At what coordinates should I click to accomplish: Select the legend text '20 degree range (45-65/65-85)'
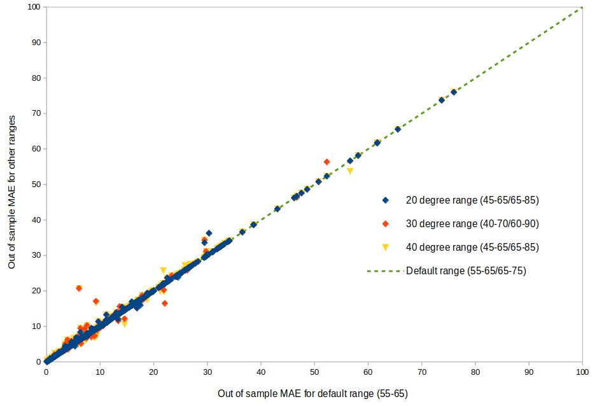tap(472, 200)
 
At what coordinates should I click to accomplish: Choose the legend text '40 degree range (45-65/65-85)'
tap(472, 247)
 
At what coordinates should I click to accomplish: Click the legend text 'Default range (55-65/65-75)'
tap(466, 270)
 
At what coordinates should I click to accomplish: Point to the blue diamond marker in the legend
tap(385, 200)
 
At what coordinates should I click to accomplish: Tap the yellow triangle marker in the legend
tap(385, 247)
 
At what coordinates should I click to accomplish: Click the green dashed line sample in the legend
tap(385, 270)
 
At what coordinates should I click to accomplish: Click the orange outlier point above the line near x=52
tap(327, 162)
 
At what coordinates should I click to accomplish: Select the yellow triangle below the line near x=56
tap(350, 171)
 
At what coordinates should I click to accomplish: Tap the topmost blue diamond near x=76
tap(454, 92)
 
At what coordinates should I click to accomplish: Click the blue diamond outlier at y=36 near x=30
tap(209, 234)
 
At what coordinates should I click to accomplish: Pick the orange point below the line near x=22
tap(165, 304)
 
